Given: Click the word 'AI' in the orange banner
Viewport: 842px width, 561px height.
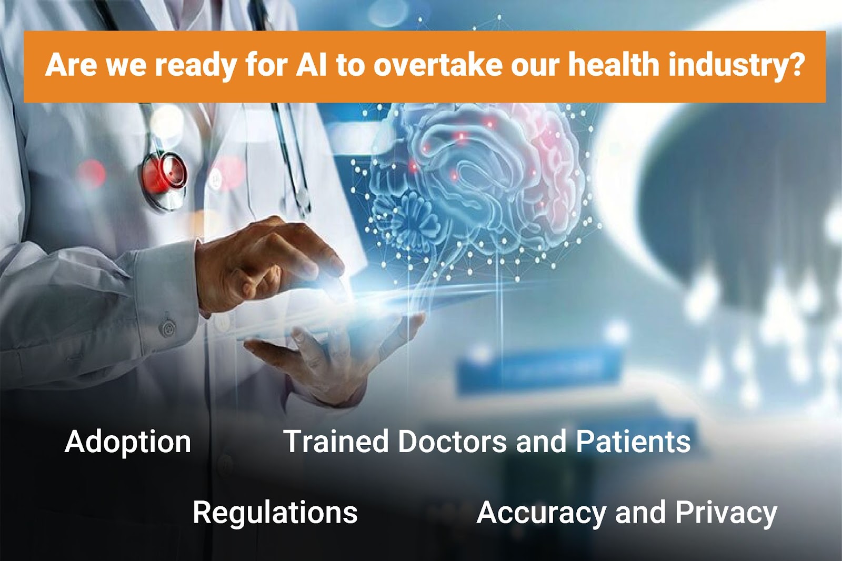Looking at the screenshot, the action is (311, 65).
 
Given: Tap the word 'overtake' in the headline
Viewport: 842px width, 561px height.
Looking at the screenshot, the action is (437, 65).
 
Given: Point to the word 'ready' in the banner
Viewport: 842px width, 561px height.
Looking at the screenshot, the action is (195, 67).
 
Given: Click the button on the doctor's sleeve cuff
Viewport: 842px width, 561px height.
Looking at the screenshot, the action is (168, 328).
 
